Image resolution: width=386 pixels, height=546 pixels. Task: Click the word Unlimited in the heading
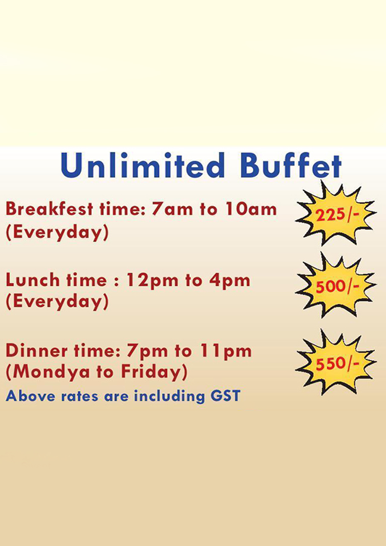click(x=142, y=165)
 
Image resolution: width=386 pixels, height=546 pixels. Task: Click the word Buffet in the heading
click(x=291, y=165)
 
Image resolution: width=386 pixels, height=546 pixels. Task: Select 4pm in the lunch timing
click(x=229, y=281)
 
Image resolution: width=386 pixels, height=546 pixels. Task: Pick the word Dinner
click(x=37, y=351)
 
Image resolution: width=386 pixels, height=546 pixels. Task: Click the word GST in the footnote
click(x=225, y=395)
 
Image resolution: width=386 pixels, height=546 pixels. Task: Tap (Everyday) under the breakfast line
click(x=57, y=233)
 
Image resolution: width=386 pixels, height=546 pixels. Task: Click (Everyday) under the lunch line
click(x=57, y=302)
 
